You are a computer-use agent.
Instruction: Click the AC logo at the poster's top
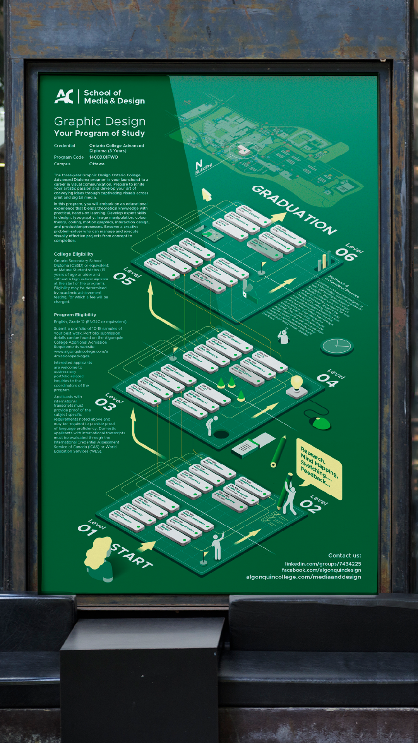pyautogui.click(x=64, y=97)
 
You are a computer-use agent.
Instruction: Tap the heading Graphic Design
pyautogui.click(x=100, y=122)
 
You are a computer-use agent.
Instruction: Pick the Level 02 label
pyautogui.click(x=313, y=503)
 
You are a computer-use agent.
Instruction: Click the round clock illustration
pyautogui.click(x=337, y=346)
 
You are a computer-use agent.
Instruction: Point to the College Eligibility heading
pyautogui.click(x=74, y=254)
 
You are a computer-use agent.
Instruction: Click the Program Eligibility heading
pyautogui.click(x=75, y=315)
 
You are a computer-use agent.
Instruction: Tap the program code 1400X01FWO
pyautogui.click(x=104, y=157)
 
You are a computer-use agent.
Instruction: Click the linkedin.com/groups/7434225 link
pyautogui.click(x=323, y=564)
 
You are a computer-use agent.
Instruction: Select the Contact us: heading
pyautogui.click(x=344, y=556)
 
